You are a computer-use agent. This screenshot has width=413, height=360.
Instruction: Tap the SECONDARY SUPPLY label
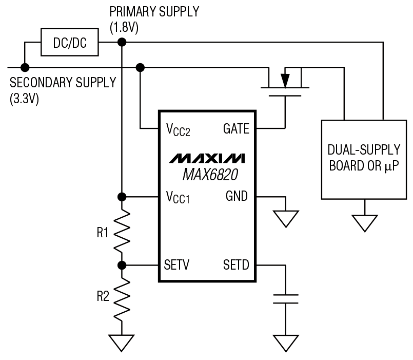tap(63, 83)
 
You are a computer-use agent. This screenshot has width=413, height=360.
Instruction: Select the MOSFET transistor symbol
tap(285, 82)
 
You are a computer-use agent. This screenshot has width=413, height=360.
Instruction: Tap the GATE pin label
tap(237, 129)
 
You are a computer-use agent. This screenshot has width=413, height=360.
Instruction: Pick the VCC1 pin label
tap(178, 197)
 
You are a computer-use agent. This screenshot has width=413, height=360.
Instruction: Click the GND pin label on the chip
tap(237, 196)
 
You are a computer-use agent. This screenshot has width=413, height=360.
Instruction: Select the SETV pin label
tap(178, 266)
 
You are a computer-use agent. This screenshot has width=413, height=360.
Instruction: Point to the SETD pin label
tap(236, 266)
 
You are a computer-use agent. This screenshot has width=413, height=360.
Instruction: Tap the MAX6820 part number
tap(207, 175)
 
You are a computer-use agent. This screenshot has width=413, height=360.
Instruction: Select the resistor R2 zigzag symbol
tap(122, 298)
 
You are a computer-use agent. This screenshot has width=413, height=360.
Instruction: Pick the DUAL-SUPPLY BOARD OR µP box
tap(365, 159)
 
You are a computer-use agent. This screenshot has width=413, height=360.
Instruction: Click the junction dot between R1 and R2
tap(122, 266)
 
